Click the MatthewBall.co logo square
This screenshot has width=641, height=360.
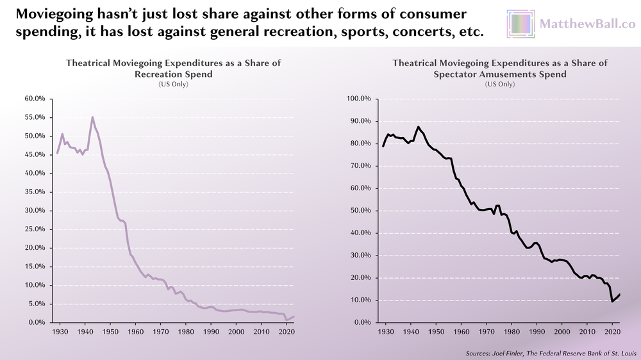(520, 24)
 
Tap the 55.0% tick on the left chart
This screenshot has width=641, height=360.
(35, 118)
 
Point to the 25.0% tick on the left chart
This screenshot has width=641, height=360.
(35, 229)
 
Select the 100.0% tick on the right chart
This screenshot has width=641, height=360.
(360, 99)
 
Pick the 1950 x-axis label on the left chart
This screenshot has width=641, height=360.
(110, 332)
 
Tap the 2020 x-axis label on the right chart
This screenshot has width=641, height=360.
(612, 332)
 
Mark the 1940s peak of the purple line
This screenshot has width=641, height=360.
(92, 117)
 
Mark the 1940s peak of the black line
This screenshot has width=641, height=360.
(419, 127)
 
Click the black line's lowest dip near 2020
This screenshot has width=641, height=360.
(612, 301)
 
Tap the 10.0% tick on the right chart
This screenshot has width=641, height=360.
(361, 300)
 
